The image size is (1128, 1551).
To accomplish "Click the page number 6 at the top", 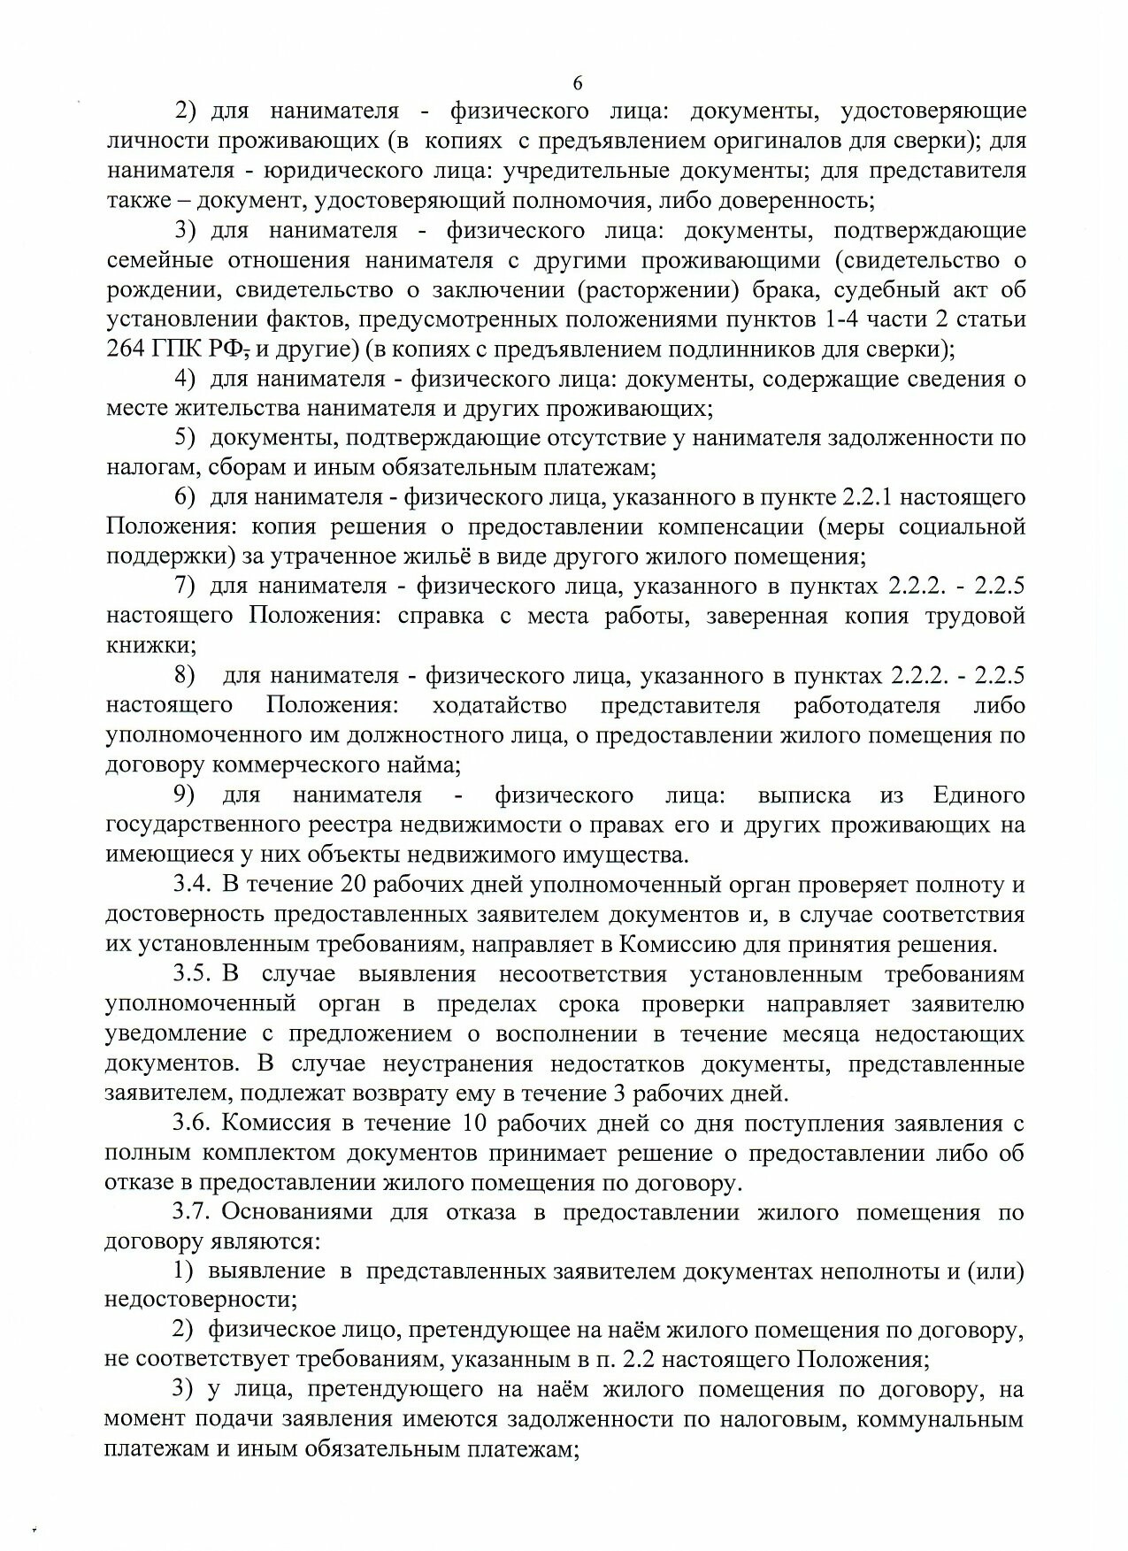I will (578, 84).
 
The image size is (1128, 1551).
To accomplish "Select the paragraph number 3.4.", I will (191, 884).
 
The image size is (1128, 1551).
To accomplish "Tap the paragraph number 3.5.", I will (191, 974).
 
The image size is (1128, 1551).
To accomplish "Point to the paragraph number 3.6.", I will (191, 1124).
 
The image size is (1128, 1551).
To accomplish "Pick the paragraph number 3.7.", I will (191, 1212).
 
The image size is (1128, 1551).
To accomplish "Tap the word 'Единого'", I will (978, 795).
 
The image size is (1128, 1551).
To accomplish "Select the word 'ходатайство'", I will (498, 705).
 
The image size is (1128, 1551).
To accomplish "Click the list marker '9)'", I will (185, 795).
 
